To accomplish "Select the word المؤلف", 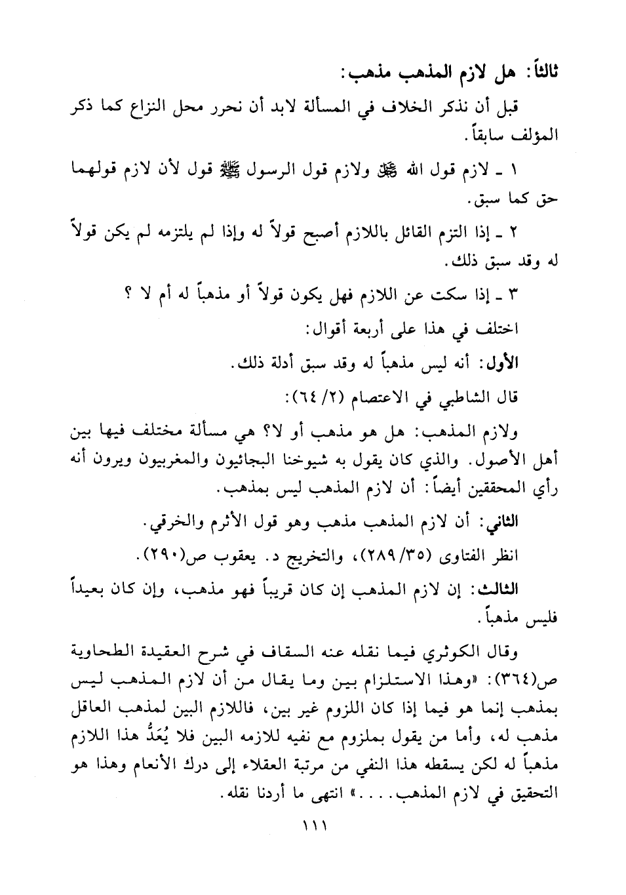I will tap(534, 137).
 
